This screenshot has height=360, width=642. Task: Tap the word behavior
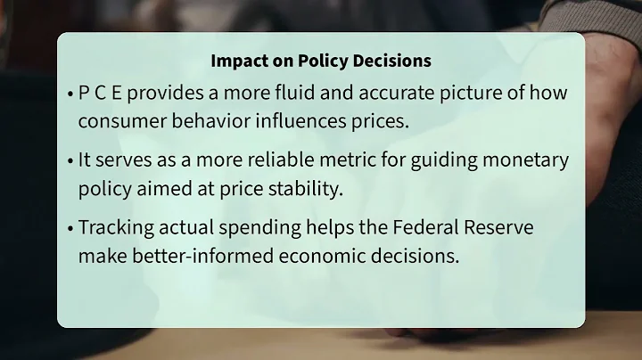(208, 120)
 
